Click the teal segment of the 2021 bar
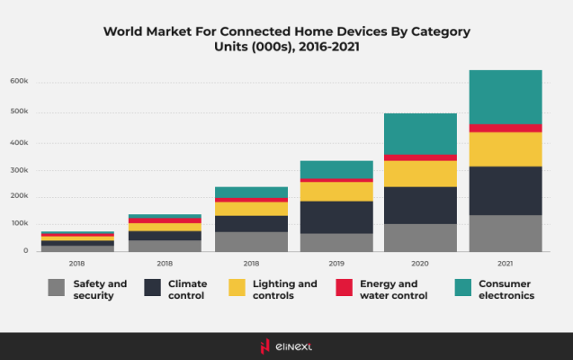506,96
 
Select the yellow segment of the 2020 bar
420,174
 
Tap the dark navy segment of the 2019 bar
336,217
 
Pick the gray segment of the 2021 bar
506,233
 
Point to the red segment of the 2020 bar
420,157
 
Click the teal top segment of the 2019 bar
336,169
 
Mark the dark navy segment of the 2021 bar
506,190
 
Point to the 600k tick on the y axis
20,81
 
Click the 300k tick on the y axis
20,168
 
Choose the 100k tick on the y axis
20,223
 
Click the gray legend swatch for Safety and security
56,289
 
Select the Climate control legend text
187,289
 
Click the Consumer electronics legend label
506,289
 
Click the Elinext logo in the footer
286,346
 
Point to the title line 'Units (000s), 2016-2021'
286,46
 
